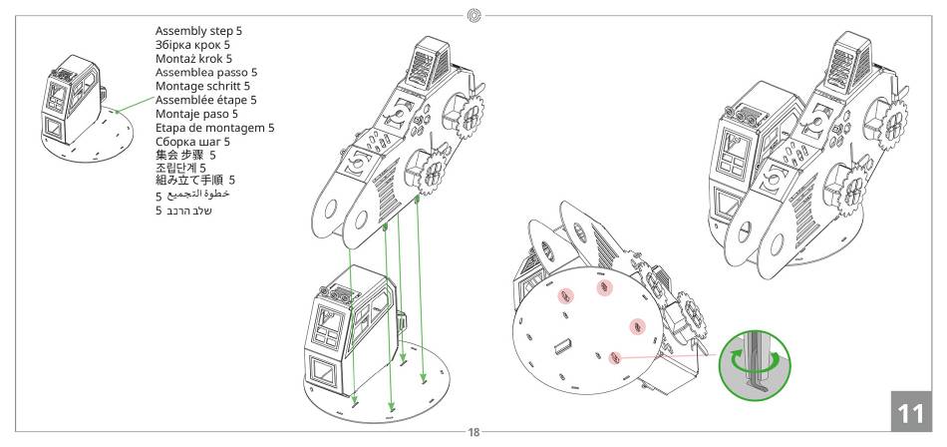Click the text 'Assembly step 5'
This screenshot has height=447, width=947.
[198, 31]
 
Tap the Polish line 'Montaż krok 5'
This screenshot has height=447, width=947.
[193, 59]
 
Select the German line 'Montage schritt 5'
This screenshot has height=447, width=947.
[202, 87]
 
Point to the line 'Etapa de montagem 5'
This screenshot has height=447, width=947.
[215, 128]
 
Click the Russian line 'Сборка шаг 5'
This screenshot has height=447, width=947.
[192, 142]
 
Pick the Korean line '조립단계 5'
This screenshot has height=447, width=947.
[180, 168]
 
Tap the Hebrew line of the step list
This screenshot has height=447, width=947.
[183, 212]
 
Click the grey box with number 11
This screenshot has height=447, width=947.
[911, 411]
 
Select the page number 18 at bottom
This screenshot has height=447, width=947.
[474, 432]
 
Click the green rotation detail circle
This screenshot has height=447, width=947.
[755, 364]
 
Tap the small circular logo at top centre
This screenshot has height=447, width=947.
[474, 15]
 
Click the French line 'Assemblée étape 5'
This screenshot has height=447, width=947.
[206, 100]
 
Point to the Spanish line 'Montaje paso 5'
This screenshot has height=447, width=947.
[196, 114]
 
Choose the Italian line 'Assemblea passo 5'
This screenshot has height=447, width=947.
[206, 73]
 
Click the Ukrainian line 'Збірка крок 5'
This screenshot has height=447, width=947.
[192, 45]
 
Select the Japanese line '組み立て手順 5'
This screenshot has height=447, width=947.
[195, 180]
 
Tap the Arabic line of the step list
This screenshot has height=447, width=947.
[192, 196]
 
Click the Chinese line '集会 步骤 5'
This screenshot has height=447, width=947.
[185, 156]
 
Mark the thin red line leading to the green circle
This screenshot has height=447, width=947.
[667, 356]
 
